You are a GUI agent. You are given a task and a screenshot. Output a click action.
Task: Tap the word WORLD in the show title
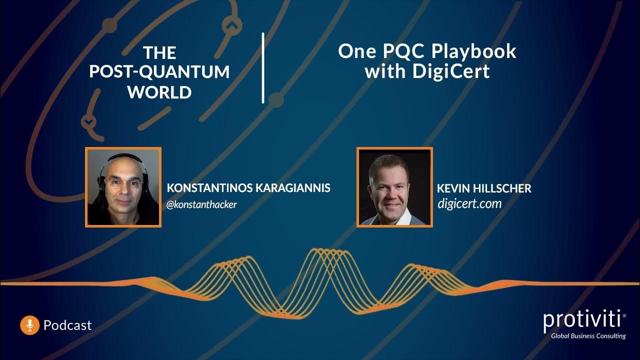tap(159, 92)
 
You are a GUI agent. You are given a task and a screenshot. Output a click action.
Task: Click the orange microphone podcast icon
tap(29, 325)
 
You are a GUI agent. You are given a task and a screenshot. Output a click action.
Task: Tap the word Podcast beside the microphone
tap(67, 325)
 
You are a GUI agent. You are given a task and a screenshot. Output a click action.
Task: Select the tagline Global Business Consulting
tap(588, 336)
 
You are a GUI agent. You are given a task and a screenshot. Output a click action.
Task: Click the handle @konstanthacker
tap(201, 204)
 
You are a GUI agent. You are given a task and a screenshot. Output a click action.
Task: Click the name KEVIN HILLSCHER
tap(484, 188)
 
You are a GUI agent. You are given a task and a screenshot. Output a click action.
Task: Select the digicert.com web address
tap(469, 203)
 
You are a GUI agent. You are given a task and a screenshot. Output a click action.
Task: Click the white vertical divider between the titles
tap(263, 68)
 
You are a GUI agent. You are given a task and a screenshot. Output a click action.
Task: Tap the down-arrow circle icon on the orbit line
tap(88, 121)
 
